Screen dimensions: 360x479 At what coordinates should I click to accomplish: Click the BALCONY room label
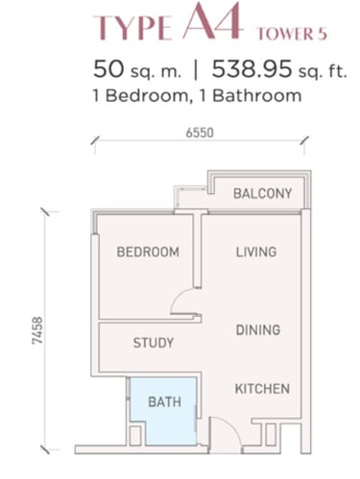262,194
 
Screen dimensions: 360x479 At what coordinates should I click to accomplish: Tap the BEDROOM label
148,252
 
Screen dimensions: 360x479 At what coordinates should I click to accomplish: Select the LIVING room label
256,251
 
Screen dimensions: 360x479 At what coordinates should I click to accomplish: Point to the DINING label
258,330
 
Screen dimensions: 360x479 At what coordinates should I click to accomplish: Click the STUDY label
154,343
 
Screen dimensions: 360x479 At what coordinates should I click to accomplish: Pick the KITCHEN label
262,389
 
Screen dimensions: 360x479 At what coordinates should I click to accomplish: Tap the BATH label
164,402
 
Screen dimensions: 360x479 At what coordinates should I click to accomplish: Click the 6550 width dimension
200,132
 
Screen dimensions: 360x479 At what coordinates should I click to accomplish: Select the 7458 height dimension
37,330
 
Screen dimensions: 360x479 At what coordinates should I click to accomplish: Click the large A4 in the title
212,22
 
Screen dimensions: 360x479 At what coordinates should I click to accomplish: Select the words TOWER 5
292,34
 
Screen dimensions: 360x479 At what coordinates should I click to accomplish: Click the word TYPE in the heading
132,28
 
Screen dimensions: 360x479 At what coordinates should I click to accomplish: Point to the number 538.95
252,69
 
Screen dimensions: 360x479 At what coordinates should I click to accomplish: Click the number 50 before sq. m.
108,69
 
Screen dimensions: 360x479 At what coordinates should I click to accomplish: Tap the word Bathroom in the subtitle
257,95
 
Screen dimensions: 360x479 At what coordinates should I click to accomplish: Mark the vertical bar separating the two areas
196,70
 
